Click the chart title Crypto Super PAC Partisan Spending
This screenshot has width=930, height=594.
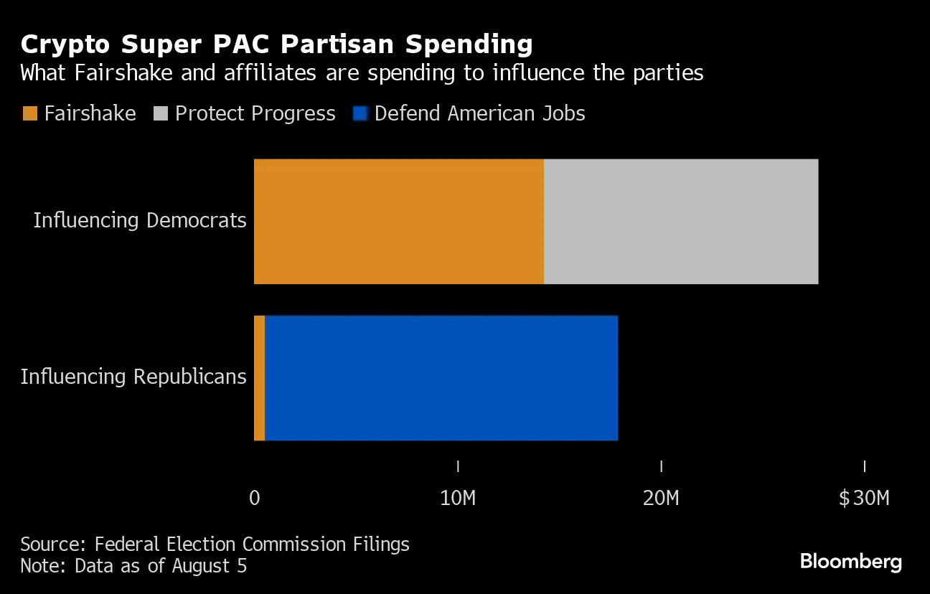pos(276,44)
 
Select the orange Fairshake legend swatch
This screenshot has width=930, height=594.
pos(29,113)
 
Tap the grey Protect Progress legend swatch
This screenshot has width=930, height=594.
pos(161,113)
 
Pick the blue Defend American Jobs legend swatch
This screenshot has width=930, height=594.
pos(360,113)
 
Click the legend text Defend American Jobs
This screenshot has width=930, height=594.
pos(479,113)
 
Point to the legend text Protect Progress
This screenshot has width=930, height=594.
pos(255,113)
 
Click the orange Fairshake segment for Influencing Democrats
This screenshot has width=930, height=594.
pos(398,222)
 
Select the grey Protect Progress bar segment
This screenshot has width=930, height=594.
pos(680,222)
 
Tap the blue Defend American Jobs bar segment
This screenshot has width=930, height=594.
pos(441,378)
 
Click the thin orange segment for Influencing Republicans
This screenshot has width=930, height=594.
pos(259,378)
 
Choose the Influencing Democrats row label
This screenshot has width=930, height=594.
pos(140,220)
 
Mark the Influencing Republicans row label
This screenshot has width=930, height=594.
pos(133,377)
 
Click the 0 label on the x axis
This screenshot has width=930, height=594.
pos(254,498)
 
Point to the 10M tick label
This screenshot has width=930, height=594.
pos(457,498)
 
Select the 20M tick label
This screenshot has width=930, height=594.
pos(661,498)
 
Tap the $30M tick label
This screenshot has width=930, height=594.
pos(864,498)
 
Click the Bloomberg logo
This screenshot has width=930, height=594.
pos(850,562)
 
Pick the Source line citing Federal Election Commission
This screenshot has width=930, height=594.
pos(215,544)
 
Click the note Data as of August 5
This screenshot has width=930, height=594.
pos(133,566)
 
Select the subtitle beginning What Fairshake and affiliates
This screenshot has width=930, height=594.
pos(362,73)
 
